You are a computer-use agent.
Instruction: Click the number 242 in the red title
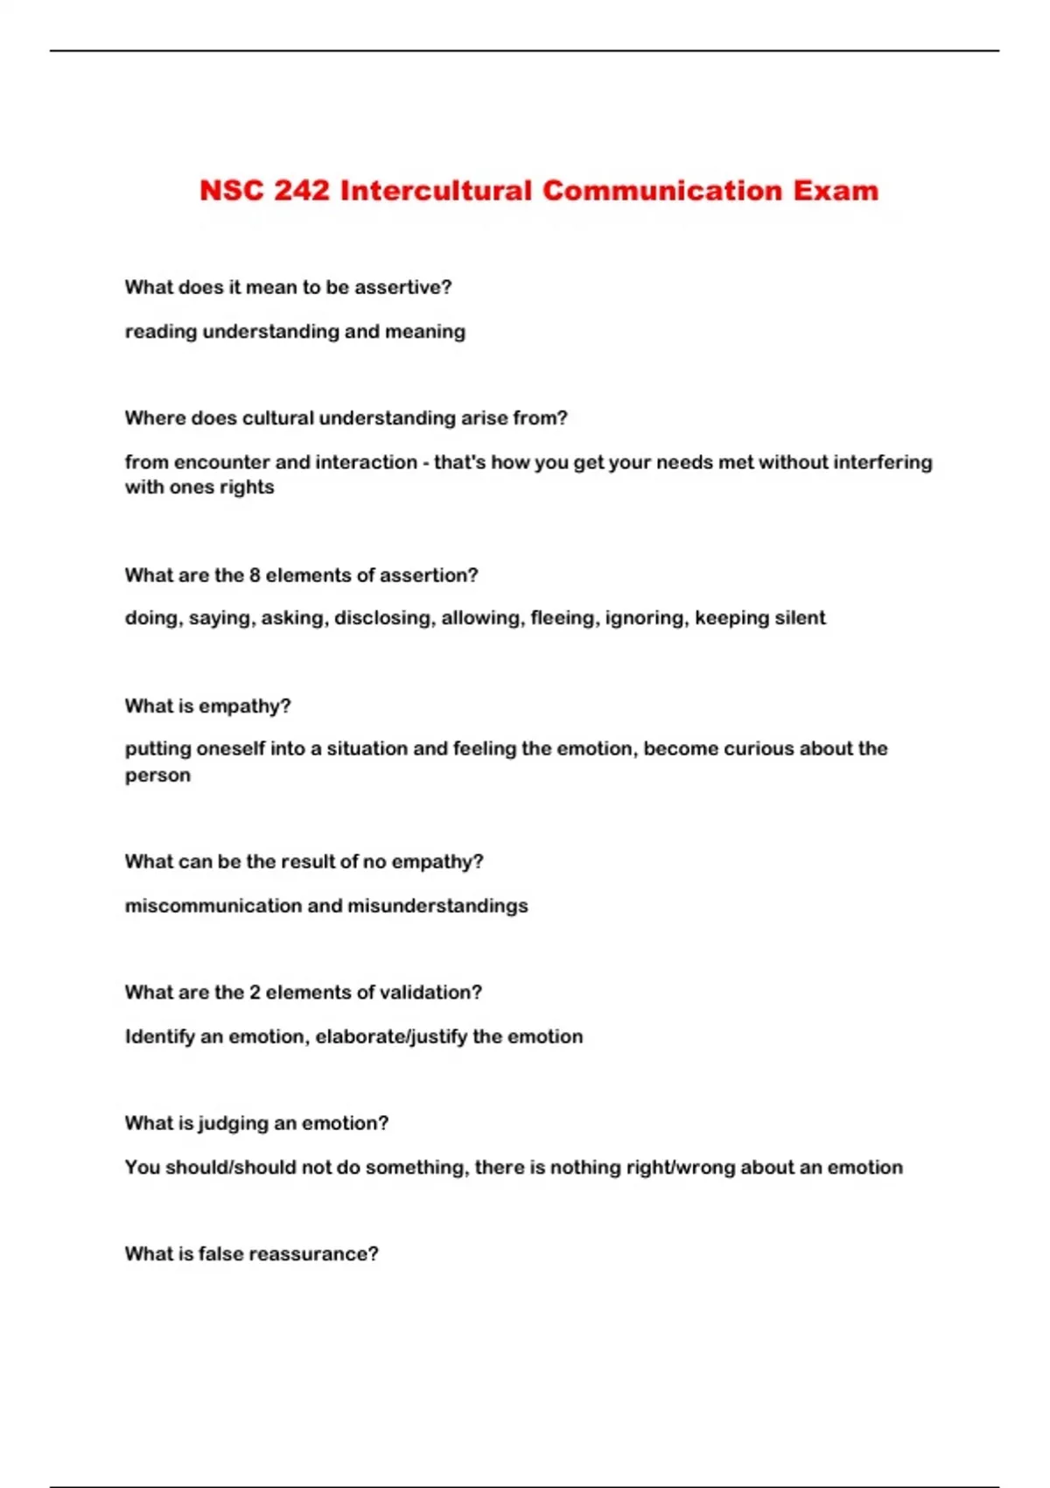point(301,191)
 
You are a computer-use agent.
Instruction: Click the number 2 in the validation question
point(255,993)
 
